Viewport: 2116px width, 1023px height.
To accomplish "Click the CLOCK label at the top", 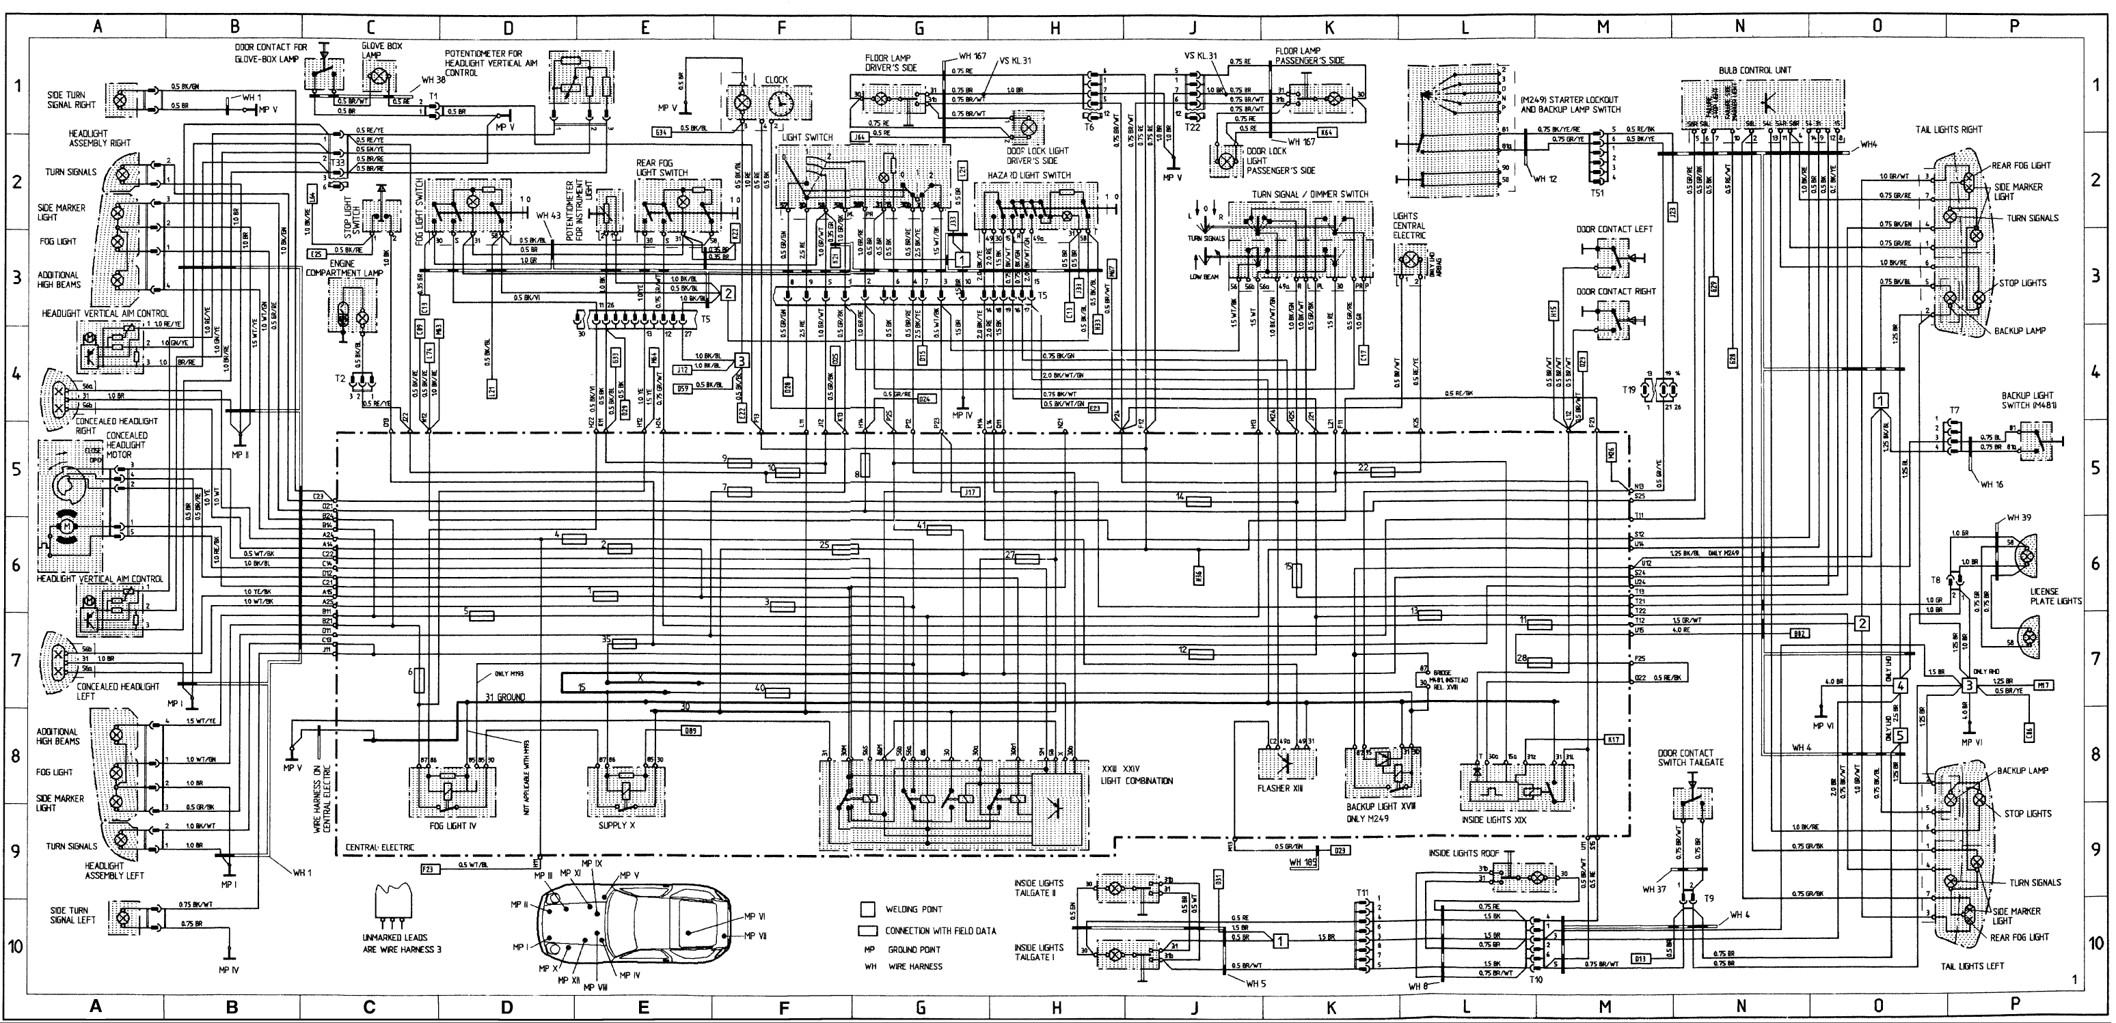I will tap(776, 80).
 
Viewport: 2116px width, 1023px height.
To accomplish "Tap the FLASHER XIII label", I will tap(1280, 788).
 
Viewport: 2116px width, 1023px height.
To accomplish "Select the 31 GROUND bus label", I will tap(504, 697).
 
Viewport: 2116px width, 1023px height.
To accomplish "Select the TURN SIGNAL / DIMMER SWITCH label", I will tap(1310, 195).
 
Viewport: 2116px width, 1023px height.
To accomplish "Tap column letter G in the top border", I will tap(919, 27).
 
